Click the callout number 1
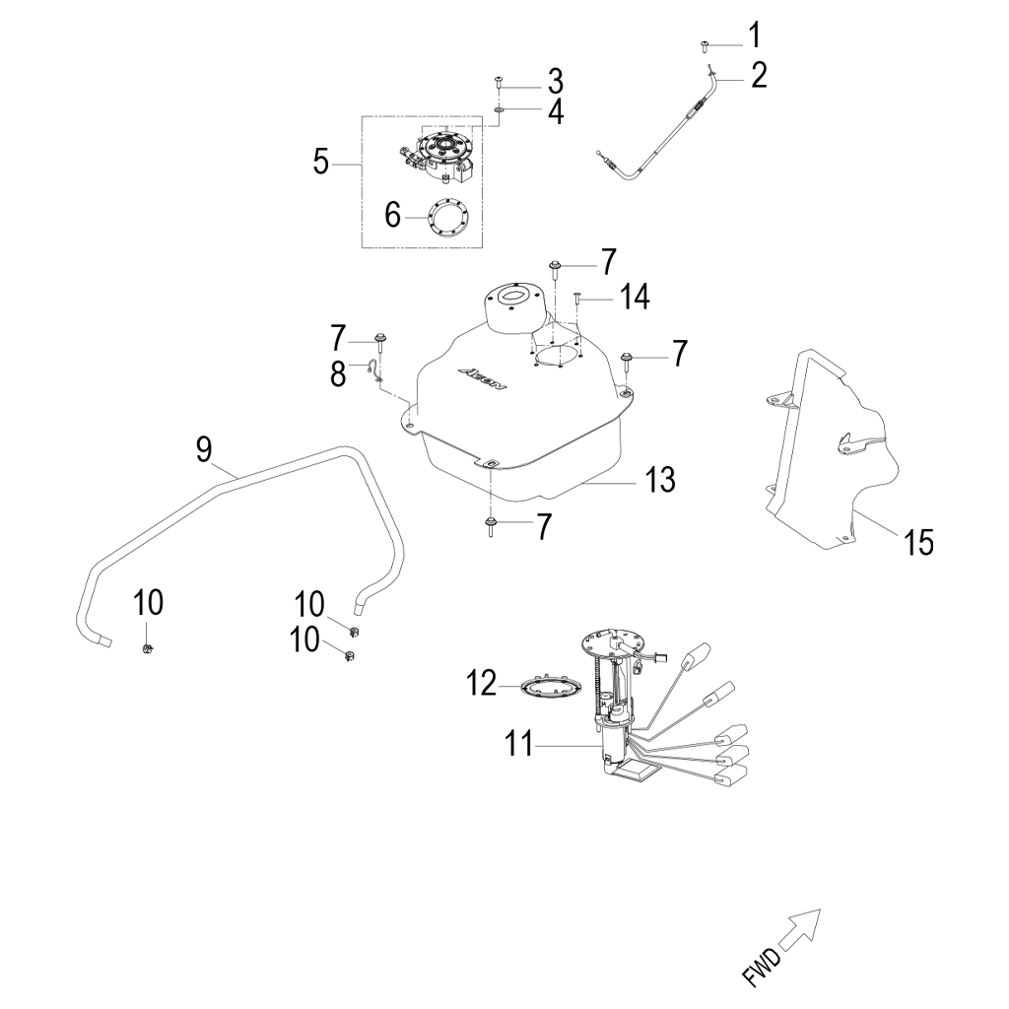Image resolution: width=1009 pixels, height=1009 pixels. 755,37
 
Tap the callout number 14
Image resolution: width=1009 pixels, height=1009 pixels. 634,297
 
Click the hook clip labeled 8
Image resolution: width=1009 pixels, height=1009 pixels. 375,369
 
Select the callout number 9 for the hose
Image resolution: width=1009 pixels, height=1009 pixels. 203,449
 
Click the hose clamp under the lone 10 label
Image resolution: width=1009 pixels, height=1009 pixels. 147,646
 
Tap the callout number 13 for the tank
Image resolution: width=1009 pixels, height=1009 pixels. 659,480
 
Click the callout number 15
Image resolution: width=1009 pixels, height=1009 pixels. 918,541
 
